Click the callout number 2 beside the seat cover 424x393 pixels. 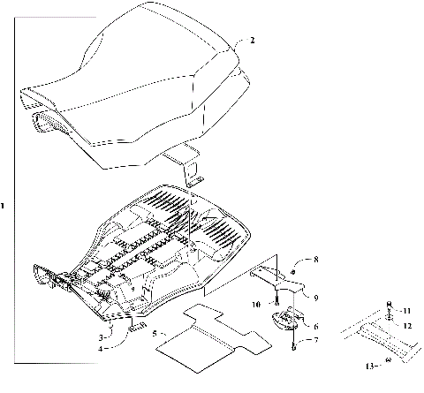click(252, 41)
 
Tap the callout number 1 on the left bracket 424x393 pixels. click(4, 206)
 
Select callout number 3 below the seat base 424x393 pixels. click(102, 336)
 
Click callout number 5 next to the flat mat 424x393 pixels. click(154, 334)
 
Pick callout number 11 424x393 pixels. click(406, 312)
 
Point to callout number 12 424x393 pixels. click(407, 325)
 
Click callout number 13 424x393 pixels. click(372, 363)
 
